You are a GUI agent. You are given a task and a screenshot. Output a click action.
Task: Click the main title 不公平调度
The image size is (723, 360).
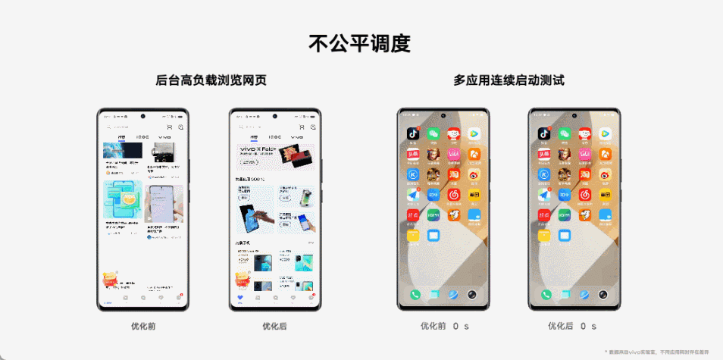pyautogui.click(x=360, y=43)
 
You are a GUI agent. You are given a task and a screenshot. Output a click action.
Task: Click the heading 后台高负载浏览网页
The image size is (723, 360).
pyautogui.click(x=211, y=80)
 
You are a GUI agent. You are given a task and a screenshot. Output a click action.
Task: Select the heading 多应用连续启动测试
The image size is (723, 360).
pyautogui.click(x=509, y=80)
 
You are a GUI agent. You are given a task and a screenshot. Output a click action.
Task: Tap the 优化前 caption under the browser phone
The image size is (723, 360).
pyautogui.click(x=142, y=326)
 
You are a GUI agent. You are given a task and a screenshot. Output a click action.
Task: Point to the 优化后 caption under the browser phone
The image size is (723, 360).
pyautogui.click(x=275, y=326)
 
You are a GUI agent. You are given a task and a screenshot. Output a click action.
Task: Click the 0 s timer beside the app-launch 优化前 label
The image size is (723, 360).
pyautogui.click(x=462, y=326)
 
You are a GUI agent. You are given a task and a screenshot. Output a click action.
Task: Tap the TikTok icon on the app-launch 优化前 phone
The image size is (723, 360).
pyautogui.click(x=413, y=133)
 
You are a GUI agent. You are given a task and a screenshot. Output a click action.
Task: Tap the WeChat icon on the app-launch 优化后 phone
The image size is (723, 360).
pyautogui.click(x=565, y=133)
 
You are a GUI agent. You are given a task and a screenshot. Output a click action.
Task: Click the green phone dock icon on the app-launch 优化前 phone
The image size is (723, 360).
pyautogui.click(x=415, y=295)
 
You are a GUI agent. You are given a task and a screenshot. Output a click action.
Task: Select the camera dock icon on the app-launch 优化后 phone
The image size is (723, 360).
pyautogui.click(x=604, y=295)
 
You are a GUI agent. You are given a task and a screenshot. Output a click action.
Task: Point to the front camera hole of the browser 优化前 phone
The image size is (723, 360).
pyautogui.click(x=142, y=117)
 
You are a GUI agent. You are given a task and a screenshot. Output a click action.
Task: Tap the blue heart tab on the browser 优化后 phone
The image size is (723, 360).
pyautogui.click(x=239, y=298)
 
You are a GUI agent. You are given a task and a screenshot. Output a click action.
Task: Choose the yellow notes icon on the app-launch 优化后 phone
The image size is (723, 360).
pyautogui.click(x=544, y=236)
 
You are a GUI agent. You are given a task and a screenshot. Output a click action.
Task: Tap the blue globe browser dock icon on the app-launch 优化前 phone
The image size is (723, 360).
pyautogui.click(x=453, y=295)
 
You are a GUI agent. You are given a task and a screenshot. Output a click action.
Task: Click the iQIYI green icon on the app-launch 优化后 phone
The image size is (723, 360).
pyautogui.click(x=565, y=216)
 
